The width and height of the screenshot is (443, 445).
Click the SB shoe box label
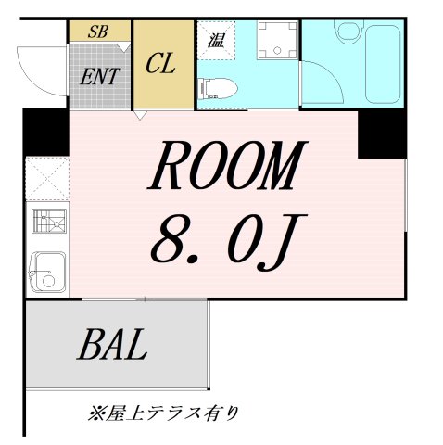(98, 31)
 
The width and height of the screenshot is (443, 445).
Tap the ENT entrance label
(99, 75)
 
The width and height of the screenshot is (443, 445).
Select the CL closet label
(162, 66)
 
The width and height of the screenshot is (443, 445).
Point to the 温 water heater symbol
(214, 39)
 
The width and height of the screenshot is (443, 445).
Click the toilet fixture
(220, 89)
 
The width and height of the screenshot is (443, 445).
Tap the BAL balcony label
(113, 345)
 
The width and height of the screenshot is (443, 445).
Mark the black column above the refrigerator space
(43, 133)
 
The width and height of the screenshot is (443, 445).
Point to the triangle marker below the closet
(140, 116)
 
